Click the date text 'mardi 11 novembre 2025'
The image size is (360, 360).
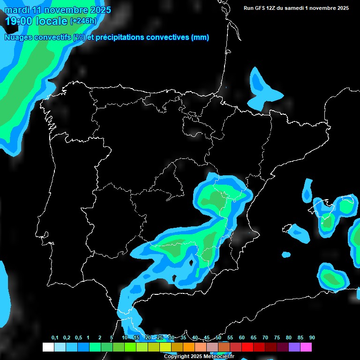58,10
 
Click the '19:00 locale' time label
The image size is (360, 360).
37,21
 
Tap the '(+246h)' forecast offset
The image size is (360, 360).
83,21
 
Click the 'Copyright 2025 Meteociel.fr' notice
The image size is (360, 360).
199,357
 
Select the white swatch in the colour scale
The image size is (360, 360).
48,347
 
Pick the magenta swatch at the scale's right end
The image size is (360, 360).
306,347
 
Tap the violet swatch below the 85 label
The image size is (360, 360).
294,347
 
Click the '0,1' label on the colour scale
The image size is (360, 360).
55,338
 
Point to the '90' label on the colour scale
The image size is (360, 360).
312,338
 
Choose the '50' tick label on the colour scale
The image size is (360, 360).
218,338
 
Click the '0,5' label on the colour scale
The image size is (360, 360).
78,338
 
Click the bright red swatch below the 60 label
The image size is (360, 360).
247,347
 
